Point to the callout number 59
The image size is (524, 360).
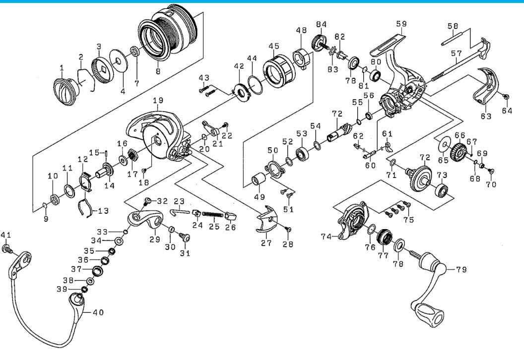401,24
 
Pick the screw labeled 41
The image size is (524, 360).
6,248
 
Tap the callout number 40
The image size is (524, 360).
98,312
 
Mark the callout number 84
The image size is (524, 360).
322,24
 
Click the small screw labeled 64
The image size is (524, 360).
506,97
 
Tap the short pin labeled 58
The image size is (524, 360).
451,38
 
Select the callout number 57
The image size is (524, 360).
456,53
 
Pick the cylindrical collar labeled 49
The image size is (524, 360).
259,180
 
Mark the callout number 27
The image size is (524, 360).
266,243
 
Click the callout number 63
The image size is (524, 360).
486,116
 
